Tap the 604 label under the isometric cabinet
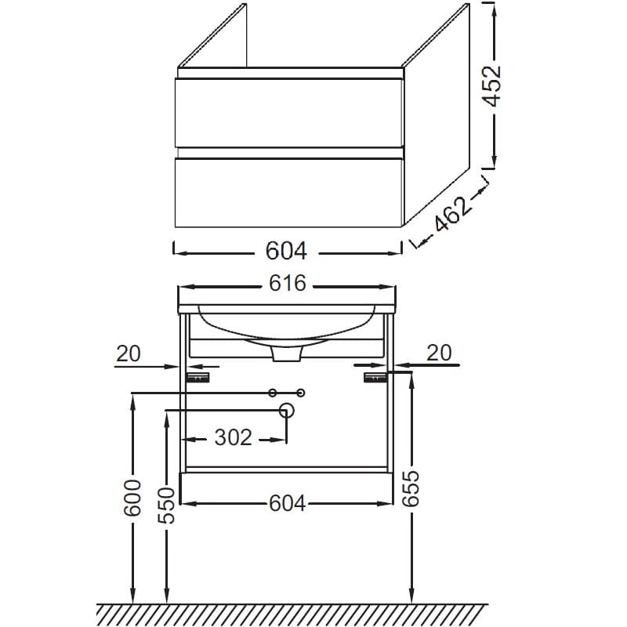click(x=286, y=251)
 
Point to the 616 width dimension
click(x=287, y=283)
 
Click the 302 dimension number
click(x=233, y=437)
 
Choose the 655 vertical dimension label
click(x=411, y=488)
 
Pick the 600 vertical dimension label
click(x=132, y=498)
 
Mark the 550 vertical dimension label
click(x=167, y=505)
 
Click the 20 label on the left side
click(x=129, y=353)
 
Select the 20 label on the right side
click(x=439, y=353)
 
